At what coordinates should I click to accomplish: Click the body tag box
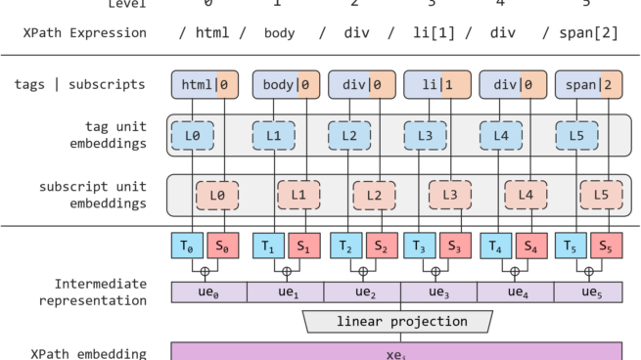click(283, 84)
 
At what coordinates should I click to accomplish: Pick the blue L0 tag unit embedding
click(195, 136)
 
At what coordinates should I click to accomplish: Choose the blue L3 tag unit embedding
click(423, 136)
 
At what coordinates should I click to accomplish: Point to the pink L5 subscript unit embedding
click(601, 195)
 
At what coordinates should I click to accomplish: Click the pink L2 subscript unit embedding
click(373, 195)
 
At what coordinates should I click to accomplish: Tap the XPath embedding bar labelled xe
click(396, 351)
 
